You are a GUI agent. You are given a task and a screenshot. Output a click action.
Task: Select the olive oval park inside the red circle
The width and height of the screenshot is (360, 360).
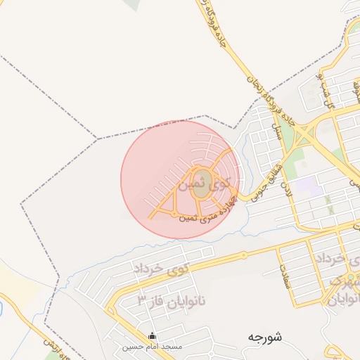[201, 185]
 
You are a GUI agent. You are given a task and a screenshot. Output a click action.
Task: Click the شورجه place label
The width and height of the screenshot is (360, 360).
[264, 337]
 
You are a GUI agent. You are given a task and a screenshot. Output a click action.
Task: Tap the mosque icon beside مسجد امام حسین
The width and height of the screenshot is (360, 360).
[153, 336]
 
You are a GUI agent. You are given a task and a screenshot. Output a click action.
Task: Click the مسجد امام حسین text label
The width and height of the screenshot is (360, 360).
[152, 347]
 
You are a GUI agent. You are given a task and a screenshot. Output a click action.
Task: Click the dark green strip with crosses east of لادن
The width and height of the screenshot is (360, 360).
[328, 205]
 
